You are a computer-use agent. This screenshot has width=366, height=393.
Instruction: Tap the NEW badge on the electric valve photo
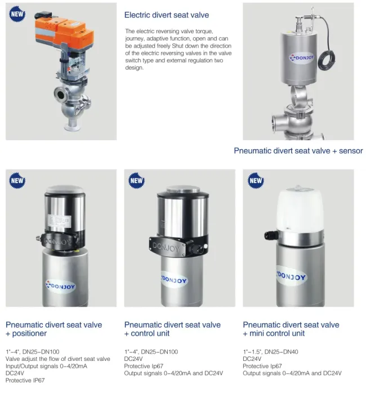[x=17, y=14]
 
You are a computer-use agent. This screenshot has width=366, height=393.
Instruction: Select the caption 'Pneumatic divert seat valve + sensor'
[x=298, y=151]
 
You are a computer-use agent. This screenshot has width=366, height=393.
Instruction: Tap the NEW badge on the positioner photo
[x=17, y=181]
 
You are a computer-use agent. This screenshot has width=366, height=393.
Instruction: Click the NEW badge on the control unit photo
[x=137, y=181]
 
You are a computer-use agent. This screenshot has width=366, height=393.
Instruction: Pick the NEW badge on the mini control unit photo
[x=256, y=181]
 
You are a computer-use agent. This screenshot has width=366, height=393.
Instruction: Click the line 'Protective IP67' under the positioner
[x=25, y=381]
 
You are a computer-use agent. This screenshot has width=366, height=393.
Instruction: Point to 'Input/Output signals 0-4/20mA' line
[x=46, y=366]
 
